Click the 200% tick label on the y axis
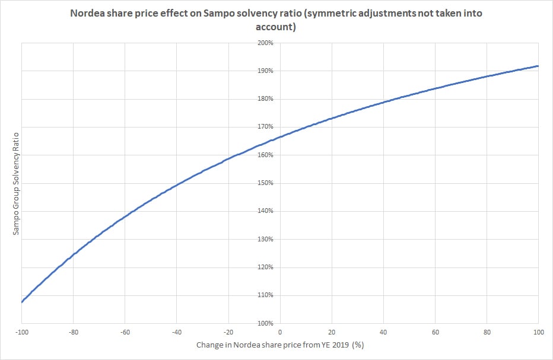(x=265, y=43)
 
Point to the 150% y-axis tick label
(x=265, y=183)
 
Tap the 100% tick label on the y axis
(x=265, y=323)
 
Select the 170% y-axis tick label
(x=265, y=127)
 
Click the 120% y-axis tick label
(x=265, y=267)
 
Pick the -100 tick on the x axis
(x=21, y=333)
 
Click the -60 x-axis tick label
(x=125, y=333)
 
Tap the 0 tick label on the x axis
(x=280, y=333)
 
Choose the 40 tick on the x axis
(x=383, y=333)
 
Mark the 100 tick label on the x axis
(x=538, y=333)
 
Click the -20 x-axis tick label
(x=228, y=333)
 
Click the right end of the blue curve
(x=538, y=66)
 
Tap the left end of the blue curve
(x=21, y=302)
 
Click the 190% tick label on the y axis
(x=265, y=71)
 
